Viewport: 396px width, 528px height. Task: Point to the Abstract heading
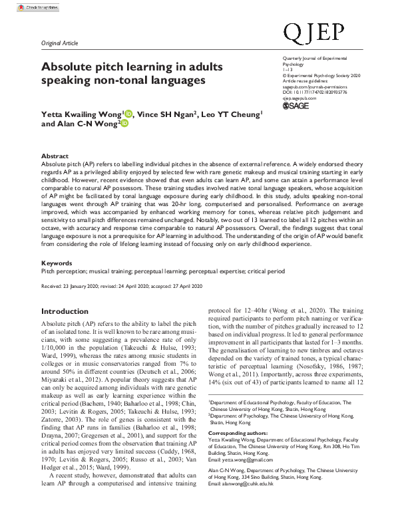point(55,155)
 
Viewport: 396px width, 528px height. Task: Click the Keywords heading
point(57,263)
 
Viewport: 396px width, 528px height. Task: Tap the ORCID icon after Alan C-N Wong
point(123,124)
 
